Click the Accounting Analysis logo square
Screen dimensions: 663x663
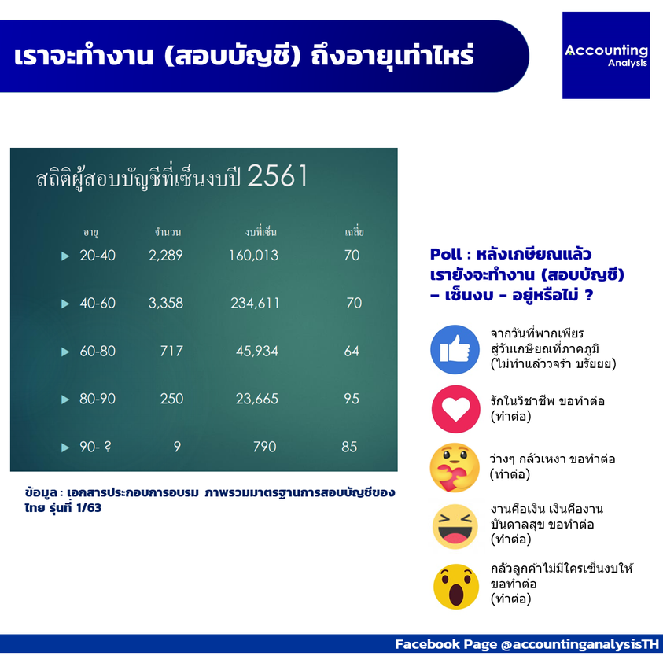[x=606, y=55]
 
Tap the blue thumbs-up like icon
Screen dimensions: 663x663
[x=455, y=349]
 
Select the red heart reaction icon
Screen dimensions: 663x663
[x=456, y=409]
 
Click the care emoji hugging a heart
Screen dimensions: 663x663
[x=455, y=468]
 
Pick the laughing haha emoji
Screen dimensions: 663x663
[x=455, y=526]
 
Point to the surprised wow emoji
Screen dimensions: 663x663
[x=456, y=587]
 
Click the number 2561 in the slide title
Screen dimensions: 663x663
[x=278, y=176]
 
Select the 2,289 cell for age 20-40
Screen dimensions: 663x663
[x=166, y=256]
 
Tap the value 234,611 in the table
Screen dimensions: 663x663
[x=255, y=303]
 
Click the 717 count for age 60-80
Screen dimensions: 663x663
[x=171, y=351]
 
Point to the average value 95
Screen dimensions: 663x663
[x=352, y=399]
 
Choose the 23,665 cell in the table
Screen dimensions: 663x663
[x=257, y=399]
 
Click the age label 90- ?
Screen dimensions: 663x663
[x=96, y=447]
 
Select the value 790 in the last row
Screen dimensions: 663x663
[x=265, y=447]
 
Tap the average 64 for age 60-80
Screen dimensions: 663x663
[x=352, y=351]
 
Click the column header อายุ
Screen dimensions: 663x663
[x=90, y=232]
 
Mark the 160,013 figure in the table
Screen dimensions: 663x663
[x=254, y=256]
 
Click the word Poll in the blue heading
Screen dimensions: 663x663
[x=446, y=254]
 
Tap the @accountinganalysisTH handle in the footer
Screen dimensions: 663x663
[x=580, y=644]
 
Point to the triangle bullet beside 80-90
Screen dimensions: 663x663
[x=65, y=400]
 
